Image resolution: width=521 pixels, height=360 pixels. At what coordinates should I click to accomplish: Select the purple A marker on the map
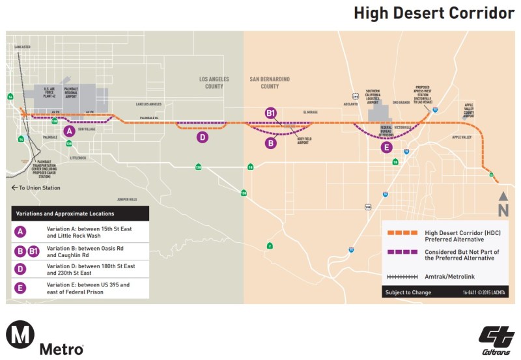point(68,130)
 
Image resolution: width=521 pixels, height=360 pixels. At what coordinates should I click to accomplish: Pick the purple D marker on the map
point(203,137)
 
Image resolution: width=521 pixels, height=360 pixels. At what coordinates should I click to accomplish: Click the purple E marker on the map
point(387,147)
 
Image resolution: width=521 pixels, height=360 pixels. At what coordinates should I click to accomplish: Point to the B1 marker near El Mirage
point(271,113)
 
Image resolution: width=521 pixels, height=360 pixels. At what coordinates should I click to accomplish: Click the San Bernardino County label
point(270,82)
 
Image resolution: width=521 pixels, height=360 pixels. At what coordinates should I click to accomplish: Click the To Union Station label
point(36,188)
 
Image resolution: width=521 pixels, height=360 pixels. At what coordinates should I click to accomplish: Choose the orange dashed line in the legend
point(402,232)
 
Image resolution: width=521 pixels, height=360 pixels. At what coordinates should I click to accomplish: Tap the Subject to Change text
point(407,293)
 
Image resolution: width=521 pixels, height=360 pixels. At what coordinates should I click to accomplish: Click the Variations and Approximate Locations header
point(66,213)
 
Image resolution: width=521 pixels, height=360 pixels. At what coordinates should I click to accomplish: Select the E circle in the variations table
point(21,287)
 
